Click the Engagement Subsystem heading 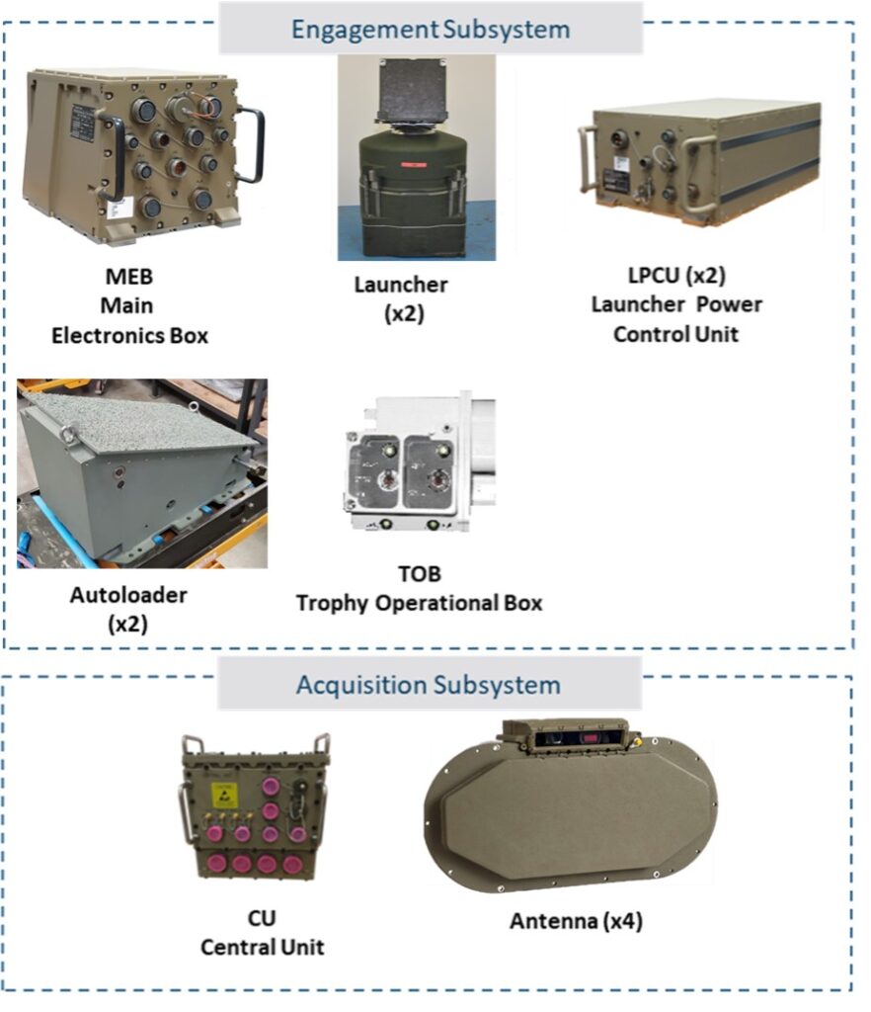430,29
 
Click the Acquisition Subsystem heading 428,685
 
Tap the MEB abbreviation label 129,277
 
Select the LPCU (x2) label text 676,275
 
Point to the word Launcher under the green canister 400,284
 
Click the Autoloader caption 128,594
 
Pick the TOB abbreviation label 419,573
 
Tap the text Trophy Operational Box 419,603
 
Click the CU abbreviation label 262,918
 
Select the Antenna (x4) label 576,920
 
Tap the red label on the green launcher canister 413,165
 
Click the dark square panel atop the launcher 410,90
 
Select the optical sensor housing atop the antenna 566,736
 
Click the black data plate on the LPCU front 615,180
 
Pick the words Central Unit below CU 262,947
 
